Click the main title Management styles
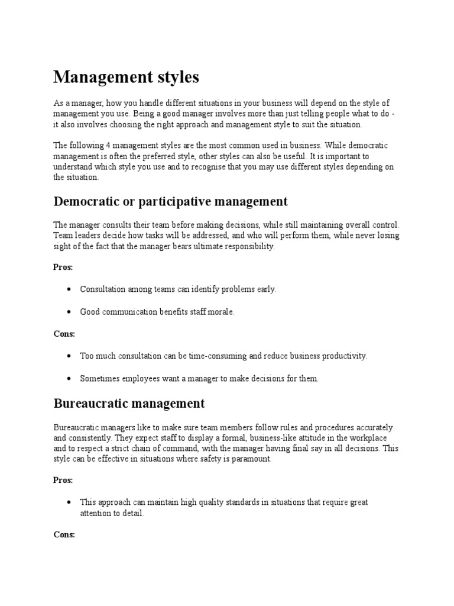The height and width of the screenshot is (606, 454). pyautogui.click(x=127, y=77)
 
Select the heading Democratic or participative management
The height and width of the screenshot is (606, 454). pyautogui.click(x=170, y=201)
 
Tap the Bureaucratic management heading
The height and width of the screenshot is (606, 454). pyautogui.click(x=129, y=404)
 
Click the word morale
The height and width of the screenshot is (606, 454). pyautogui.click(x=222, y=312)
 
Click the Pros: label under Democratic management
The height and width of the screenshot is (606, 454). pyautogui.click(x=63, y=267)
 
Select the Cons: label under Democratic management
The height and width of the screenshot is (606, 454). pyautogui.click(x=64, y=334)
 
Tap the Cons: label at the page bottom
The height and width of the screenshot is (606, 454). pyautogui.click(x=64, y=534)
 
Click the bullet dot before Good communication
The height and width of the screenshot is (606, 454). pyautogui.click(x=70, y=312)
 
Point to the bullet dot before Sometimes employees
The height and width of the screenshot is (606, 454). pyautogui.click(x=70, y=379)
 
